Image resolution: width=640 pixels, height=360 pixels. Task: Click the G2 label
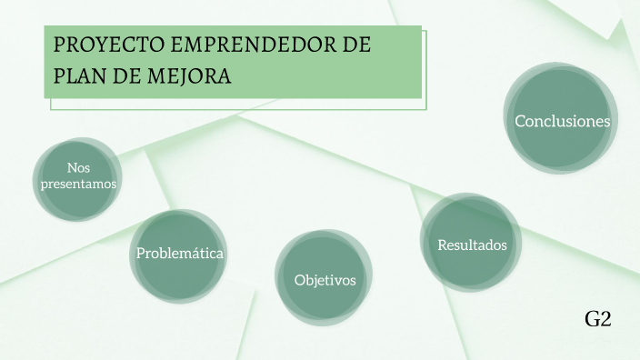click(597, 319)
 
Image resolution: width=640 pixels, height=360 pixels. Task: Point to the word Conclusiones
click(562, 121)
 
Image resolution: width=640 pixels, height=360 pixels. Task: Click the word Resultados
click(472, 245)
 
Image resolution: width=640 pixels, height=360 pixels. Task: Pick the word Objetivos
click(325, 279)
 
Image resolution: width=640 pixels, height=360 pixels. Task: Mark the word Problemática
click(179, 253)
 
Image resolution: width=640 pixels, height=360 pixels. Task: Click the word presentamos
click(78, 184)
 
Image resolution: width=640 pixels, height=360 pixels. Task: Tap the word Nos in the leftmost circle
click(78, 167)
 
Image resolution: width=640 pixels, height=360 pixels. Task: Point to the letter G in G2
click(592, 319)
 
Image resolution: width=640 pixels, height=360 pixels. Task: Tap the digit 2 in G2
click(605, 319)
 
